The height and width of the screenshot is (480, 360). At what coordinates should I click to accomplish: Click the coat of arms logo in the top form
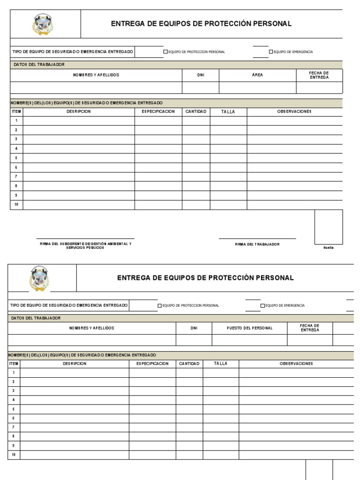42,25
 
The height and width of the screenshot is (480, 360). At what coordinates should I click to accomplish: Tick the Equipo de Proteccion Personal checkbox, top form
165,52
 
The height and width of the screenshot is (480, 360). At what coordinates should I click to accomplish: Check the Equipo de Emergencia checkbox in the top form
270,52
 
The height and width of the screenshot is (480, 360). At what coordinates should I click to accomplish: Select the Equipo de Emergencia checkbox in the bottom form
262,306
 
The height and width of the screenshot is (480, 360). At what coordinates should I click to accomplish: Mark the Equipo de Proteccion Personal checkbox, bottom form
159,306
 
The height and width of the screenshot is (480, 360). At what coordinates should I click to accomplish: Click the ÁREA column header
257,75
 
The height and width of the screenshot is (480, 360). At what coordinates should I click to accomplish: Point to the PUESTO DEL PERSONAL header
249,328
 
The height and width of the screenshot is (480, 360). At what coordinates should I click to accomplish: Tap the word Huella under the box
328,247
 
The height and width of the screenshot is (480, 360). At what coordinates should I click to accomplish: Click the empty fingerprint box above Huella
328,227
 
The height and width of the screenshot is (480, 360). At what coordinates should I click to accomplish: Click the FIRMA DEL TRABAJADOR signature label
257,244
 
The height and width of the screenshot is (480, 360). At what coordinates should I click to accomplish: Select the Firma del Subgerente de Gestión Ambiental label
86,246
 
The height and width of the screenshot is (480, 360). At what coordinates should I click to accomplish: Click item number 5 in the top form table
16,158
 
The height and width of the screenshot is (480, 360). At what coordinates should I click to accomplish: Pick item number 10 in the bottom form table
14,455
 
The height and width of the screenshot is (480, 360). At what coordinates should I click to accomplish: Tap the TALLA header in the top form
228,112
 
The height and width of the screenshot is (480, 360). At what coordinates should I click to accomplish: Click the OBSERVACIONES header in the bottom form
296,364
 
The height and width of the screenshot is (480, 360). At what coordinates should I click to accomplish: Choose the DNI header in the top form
200,75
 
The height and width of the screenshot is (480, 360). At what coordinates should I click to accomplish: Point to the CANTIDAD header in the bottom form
189,364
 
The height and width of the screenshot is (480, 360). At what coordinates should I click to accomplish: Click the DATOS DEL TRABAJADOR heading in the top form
39,64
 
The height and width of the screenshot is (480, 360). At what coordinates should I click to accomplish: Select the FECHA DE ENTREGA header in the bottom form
309,328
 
